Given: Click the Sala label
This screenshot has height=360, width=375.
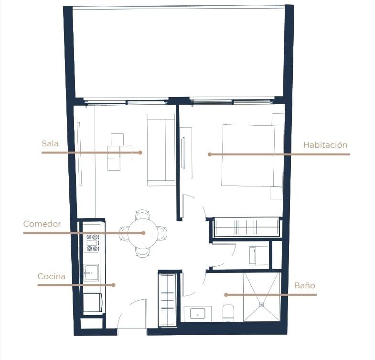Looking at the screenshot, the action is pyautogui.click(x=50, y=143).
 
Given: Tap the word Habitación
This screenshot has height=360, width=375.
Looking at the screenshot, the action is pyautogui.click(x=325, y=145).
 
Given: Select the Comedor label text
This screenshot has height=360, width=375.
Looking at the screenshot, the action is pyautogui.click(x=42, y=224).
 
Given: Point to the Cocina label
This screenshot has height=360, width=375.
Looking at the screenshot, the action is pyautogui.click(x=52, y=276).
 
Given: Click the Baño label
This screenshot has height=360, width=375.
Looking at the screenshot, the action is pyautogui.click(x=304, y=285).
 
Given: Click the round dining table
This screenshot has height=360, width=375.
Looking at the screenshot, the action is pyautogui.click(x=143, y=233).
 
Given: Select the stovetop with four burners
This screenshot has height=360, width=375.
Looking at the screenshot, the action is pyautogui.click(x=92, y=243).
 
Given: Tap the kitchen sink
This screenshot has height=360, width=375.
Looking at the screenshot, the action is pyautogui.click(x=91, y=273).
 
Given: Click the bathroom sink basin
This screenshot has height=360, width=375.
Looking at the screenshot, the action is pyautogui.click(x=198, y=313).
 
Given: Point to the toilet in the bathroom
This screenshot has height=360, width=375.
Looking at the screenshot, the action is pyautogui.click(x=228, y=313).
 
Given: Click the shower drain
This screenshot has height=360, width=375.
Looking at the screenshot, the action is pyautogui.click(x=262, y=305).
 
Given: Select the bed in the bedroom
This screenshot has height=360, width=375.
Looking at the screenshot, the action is pyautogui.click(x=253, y=155).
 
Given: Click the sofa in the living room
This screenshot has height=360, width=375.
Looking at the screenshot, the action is pyautogui.click(x=161, y=150).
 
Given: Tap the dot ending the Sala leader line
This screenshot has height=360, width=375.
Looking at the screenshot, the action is pyautogui.click(x=140, y=153).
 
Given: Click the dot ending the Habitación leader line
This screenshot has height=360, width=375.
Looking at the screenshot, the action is pyautogui.click(x=210, y=154).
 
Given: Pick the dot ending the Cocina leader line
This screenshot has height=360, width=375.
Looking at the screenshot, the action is pyautogui.click(x=114, y=285).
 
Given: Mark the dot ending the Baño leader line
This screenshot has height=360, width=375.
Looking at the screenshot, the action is pyautogui.click(x=226, y=295).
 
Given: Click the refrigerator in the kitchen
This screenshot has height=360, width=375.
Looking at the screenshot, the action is pyautogui.click(x=93, y=303).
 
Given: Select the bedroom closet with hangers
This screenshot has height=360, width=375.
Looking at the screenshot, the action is pyautogui.click(x=246, y=227).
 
